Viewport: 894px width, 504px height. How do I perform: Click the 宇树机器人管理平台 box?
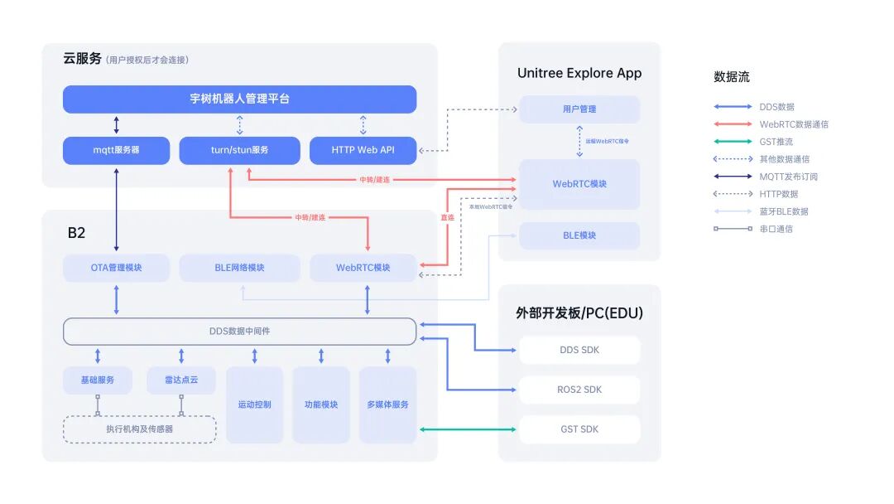[x=239, y=99]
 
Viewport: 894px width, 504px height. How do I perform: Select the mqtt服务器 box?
[x=116, y=151]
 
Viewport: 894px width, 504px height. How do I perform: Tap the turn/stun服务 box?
[x=239, y=151]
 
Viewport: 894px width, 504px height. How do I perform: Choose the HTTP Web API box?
[x=363, y=151]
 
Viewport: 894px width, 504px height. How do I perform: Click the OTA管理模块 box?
[x=116, y=268]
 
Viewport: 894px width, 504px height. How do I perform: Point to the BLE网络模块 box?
[x=239, y=268]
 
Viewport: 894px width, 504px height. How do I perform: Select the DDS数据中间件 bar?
[x=239, y=332]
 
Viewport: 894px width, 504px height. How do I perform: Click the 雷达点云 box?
[x=180, y=380]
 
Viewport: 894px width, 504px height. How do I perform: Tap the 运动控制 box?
[x=254, y=405]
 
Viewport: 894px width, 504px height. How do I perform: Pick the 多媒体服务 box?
[x=387, y=405]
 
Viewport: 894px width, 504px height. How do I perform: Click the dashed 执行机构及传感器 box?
[x=139, y=429]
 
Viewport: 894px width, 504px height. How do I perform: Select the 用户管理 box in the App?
[x=579, y=109]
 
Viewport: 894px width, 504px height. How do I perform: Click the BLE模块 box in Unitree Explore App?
[x=579, y=235]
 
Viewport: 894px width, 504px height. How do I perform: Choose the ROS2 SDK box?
[x=579, y=390]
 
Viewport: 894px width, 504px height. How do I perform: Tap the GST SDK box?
[x=579, y=429]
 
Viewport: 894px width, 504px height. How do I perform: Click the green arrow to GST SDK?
[x=468, y=429]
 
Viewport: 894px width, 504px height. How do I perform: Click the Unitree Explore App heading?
[x=579, y=73]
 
